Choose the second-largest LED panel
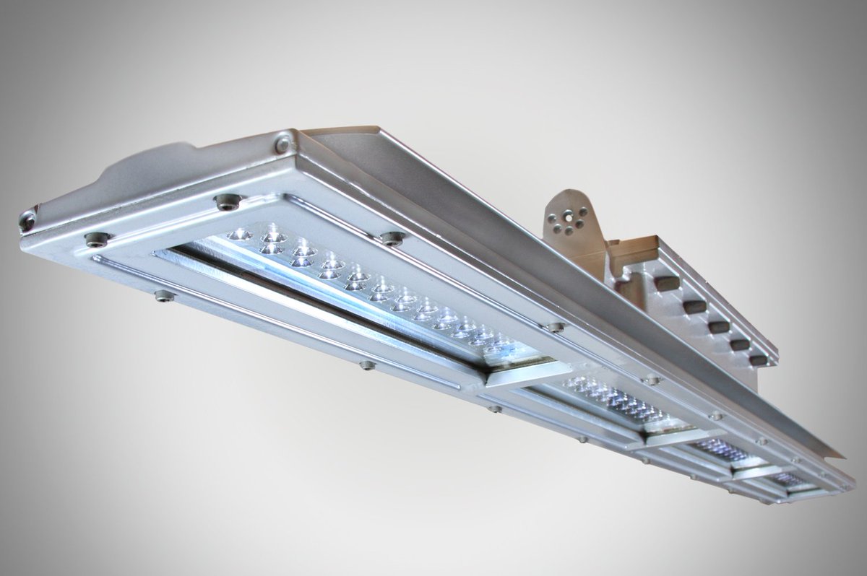(614, 401)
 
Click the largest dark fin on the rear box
(666, 282)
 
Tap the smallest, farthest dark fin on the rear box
(758, 359)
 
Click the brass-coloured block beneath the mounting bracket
(636, 253)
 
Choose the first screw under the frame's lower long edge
(165, 295)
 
